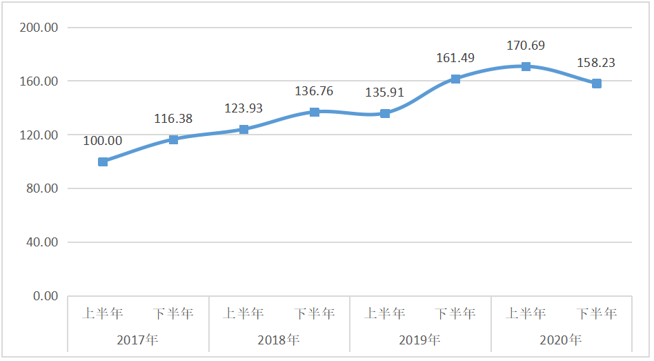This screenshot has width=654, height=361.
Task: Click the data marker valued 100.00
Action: coord(103,162)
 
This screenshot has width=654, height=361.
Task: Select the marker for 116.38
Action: coord(174,139)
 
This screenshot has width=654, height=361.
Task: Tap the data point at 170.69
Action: coord(526,66)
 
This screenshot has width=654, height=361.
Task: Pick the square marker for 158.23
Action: coord(596,84)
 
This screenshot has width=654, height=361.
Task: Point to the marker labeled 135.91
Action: coord(385,113)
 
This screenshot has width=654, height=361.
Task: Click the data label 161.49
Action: coord(455,58)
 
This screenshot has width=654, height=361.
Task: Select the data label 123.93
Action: coord(244,108)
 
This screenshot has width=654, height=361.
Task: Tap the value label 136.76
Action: coord(314,91)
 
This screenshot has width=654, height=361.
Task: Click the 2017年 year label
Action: coord(138,340)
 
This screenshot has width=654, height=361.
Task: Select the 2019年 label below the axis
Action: coord(419,340)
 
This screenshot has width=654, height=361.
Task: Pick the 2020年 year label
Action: coord(560,340)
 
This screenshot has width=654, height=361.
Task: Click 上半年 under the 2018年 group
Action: coord(244,313)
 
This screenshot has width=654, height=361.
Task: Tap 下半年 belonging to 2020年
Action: coord(596,313)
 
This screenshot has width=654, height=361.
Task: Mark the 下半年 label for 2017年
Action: coord(174,313)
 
